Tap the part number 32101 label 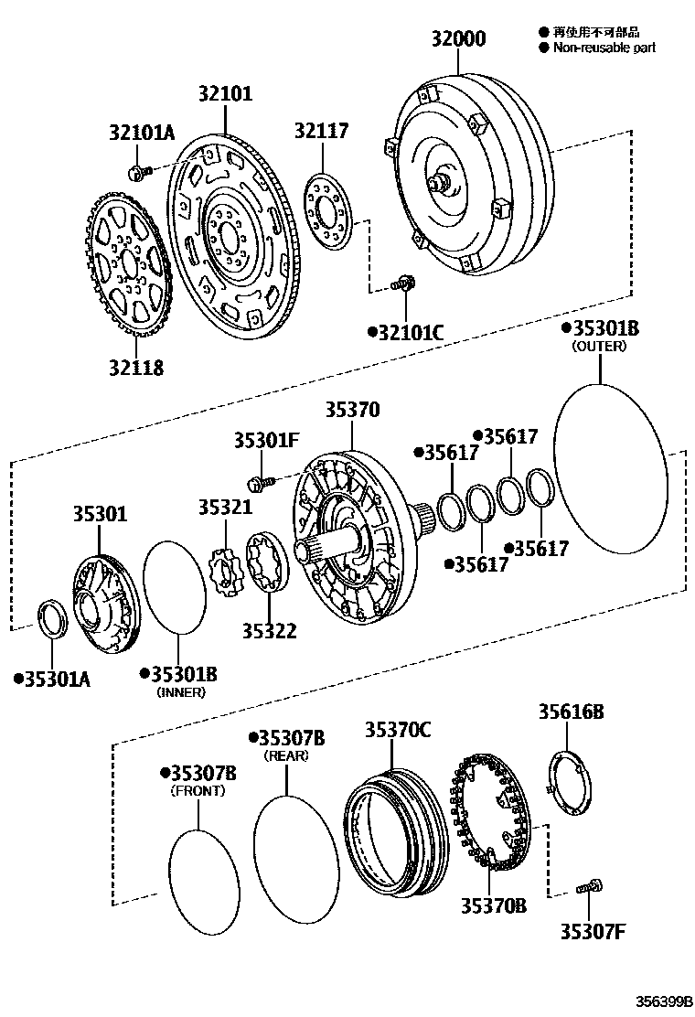tap(225, 93)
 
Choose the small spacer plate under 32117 tap(327, 212)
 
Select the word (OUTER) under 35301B tap(599, 347)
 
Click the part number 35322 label tap(270, 630)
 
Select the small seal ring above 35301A tap(52, 621)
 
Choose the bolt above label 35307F tap(588, 886)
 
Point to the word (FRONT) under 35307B tap(198, 790)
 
